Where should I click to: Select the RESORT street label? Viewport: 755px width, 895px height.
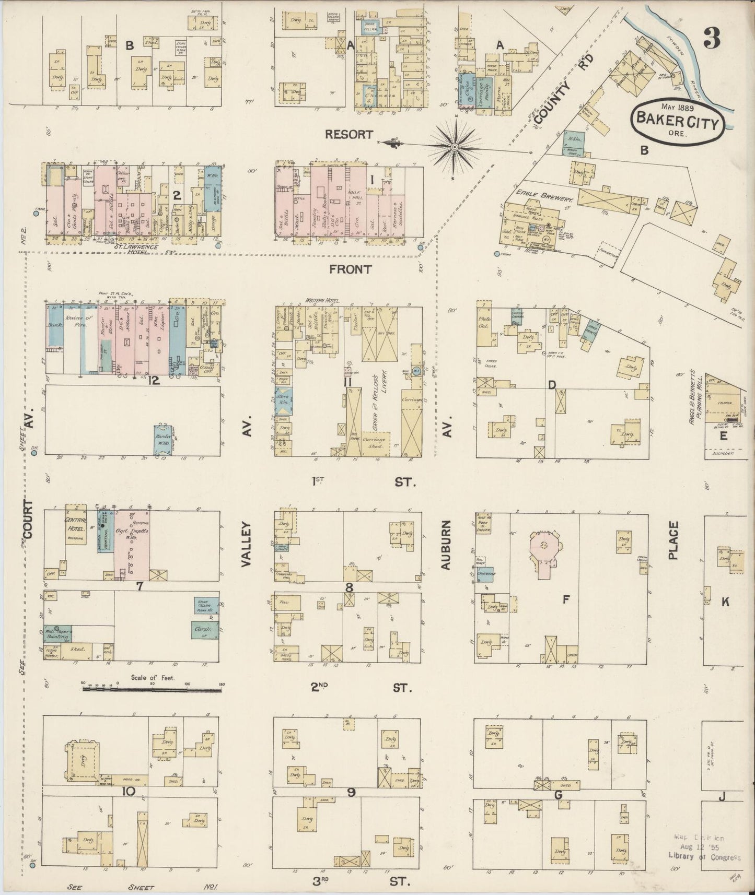point(349,134)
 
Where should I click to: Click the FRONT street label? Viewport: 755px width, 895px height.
point(351,269)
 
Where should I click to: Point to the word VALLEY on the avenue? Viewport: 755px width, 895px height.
point(246,545)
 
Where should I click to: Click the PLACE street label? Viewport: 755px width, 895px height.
point(672,540)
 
